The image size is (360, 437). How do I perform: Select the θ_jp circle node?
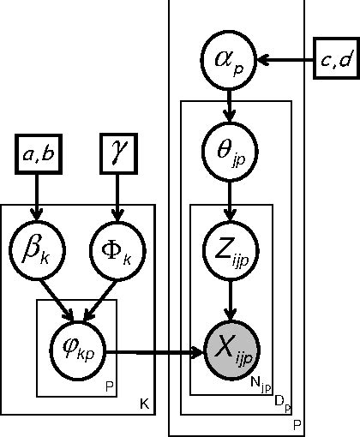(230, 152)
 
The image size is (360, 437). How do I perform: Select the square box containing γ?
(117, 155)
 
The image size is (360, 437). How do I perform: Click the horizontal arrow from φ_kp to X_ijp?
(154, 351)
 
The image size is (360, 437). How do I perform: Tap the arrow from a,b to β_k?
(37, 202)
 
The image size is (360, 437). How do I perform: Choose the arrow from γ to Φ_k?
(117, 202)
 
